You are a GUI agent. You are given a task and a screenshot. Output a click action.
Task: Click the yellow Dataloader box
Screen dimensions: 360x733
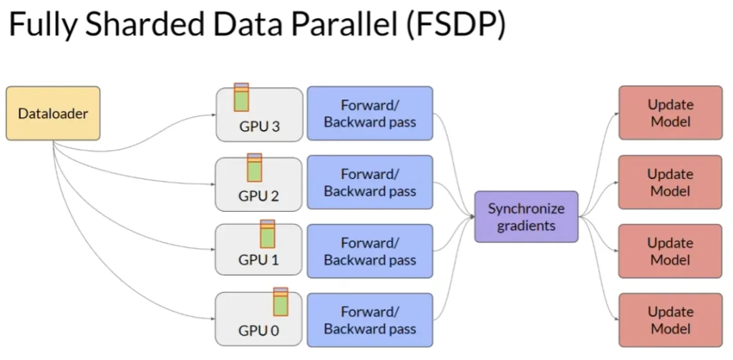[53, 113]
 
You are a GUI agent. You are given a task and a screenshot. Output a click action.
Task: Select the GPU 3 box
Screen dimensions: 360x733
[259, 114]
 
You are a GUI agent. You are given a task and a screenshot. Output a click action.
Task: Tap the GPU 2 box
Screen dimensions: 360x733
[259, 183]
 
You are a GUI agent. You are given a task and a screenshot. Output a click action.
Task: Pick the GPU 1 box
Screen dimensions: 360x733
[259, 250]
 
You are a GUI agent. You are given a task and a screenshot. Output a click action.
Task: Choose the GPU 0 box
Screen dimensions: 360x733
[259, 319]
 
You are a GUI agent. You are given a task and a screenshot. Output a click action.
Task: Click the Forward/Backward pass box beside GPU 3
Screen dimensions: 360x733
[369, 113]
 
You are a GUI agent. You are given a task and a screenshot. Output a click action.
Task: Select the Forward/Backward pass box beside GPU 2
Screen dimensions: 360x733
[369, 183]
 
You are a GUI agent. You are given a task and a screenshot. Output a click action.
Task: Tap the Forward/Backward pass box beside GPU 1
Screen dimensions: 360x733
[369, 251]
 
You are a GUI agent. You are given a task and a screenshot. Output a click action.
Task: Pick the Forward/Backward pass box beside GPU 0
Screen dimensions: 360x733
[369, 320]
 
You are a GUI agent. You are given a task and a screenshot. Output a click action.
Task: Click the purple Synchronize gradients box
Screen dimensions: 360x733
[526, 217]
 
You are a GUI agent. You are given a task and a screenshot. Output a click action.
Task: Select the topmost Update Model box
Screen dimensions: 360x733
[670, 113]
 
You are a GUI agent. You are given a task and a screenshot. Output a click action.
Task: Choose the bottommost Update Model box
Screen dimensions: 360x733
[670, 320]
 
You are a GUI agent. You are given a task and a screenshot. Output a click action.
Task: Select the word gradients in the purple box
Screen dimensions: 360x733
[526, 225]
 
